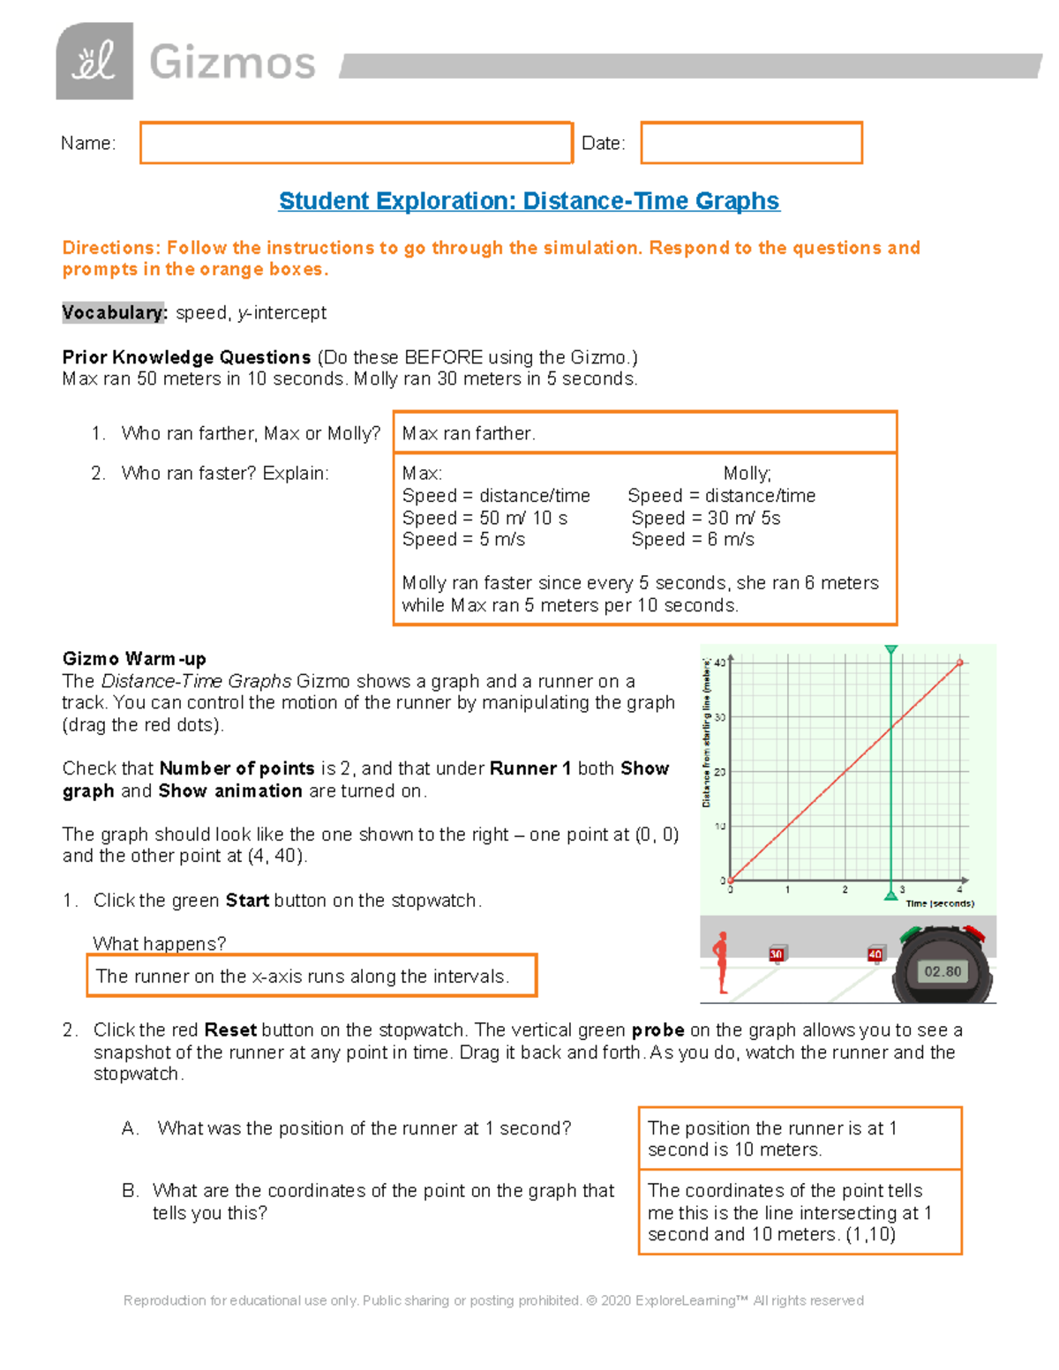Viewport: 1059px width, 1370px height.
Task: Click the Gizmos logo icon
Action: pyautogui.click(x=94, y=61)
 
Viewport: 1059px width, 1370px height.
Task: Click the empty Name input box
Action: pyautogui.click(x=356, y=143)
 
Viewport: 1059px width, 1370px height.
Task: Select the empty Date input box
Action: pyautogui.click(x=751, y=143)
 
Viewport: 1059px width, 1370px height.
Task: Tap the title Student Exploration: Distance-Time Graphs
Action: pyautogui.click(x=529, y=201)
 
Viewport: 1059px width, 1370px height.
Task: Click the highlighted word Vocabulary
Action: pyautogui.click(x=113, y=313)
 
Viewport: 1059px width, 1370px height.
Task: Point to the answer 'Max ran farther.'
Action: pyautogui.click(x=469, y=433)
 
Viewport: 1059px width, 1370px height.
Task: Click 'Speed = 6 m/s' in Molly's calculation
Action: pyautogui.click(x=693, y=540)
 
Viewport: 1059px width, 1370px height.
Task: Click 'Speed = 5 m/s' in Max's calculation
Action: pyautogui.click(x=463, y=540)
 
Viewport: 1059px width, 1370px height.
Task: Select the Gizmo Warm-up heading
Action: pyautogui.click(x=134, y=659)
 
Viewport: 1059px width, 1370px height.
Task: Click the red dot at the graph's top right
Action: pyautogui.click(x=960, y=663)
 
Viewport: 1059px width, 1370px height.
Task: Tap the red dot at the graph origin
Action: pyautogui.click(x=730, y=880)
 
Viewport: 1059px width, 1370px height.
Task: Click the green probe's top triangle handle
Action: pyautogui.click(x=891, y=650)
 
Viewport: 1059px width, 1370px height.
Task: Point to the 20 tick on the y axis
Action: pyautogui.click(x=720, y=772)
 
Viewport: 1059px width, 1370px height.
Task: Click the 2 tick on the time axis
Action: pyautogui.click(x=845, y=890)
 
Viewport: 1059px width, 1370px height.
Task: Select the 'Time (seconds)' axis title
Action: pyautogui.click(x=940, y=903)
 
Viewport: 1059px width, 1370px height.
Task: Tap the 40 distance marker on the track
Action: pyautogui.click(x=875, y=955)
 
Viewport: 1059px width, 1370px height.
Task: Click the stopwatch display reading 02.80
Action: pyautogui.click(x=942, y=971)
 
